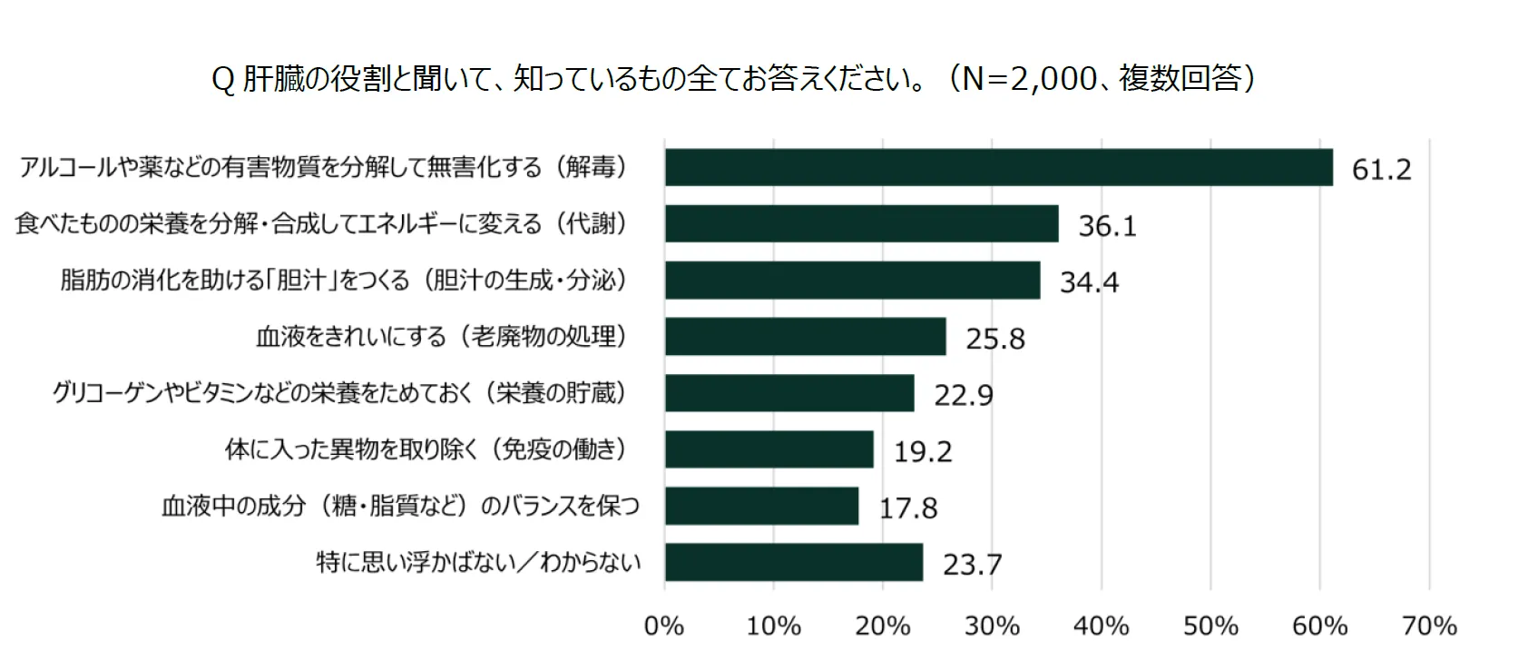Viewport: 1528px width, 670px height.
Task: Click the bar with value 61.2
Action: point(998,167)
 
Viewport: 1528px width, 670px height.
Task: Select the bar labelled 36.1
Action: point(861,223)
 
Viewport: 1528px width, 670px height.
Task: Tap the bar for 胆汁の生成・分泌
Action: point(852,280)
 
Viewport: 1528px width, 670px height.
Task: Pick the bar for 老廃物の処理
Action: point(805,336)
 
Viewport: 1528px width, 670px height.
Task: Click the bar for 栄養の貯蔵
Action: point(789,393)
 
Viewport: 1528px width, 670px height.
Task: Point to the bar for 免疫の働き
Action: point(769,449)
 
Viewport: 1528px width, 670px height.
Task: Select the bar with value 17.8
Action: point(761,506)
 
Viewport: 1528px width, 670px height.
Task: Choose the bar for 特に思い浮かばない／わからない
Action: point(793,562)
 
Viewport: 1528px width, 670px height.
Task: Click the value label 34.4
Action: point(1089,282)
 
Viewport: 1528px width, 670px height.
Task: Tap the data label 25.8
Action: point(994,339)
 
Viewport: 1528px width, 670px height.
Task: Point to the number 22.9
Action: point(964,396)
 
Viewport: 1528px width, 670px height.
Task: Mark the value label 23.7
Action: point(972,565)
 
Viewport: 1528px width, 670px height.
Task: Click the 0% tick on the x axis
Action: point(664,626)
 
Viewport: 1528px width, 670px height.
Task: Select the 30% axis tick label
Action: point(992,626)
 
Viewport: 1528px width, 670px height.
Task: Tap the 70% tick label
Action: point(1429,626)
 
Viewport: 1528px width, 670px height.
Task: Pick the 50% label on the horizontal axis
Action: point(1210,626)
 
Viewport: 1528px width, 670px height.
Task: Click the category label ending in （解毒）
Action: point(323,167)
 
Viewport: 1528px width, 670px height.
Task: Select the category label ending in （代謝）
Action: point(321,223)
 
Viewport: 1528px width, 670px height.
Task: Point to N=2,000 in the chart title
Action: point(1029,79)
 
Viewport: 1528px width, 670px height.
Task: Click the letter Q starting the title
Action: point(222,80)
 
